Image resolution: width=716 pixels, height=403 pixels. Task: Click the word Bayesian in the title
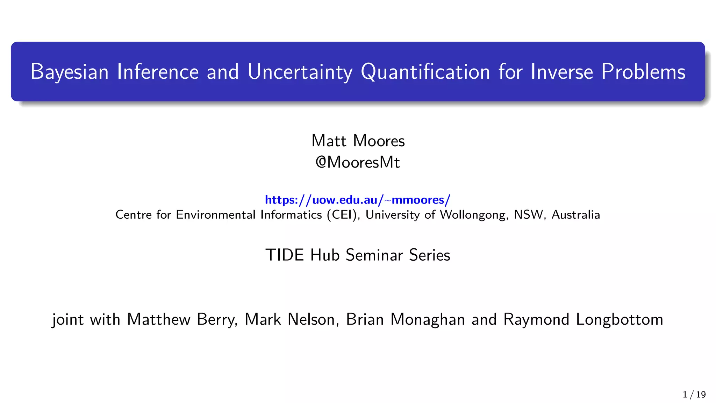pos(69,72)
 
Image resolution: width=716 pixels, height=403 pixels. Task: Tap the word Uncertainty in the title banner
pos(300,72)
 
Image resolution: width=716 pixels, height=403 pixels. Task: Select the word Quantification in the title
pos(425,72)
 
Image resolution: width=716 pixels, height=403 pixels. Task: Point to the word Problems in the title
pos(643,72)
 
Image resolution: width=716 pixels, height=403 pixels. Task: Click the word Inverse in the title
pos(561,72)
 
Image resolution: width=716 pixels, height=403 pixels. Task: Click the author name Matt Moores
pos(358,141)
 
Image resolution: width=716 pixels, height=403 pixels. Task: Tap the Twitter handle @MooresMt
pos(358,162)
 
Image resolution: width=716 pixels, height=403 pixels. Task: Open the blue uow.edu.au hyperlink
pos(358,200)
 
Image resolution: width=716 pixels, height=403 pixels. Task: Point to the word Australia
pos(575,214)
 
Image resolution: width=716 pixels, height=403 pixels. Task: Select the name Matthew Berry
pos(182,319)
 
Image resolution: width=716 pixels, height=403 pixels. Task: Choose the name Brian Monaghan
pos(405,319)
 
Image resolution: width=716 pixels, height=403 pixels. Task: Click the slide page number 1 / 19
pos(694,395)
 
